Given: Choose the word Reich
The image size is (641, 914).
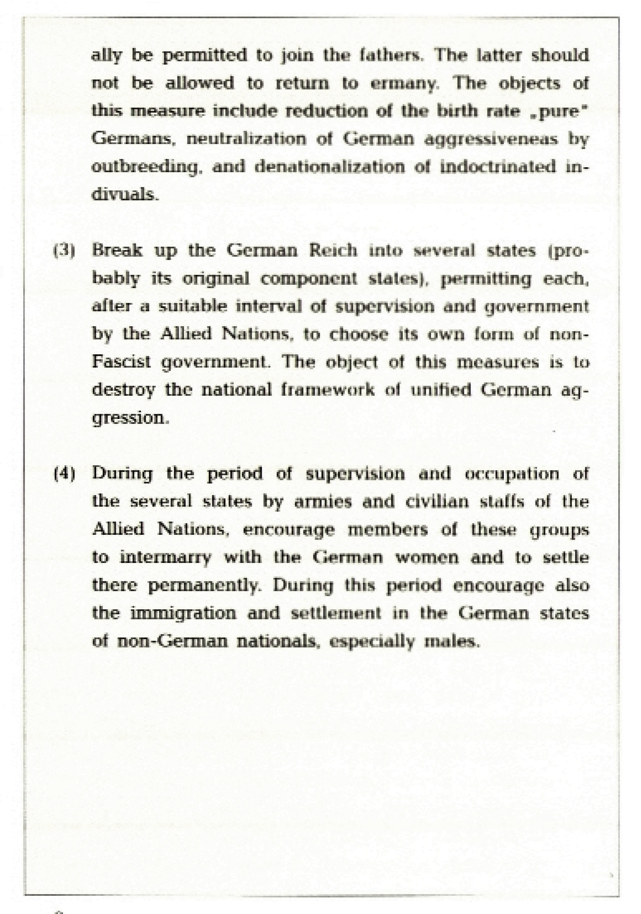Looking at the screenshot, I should coord(333,251).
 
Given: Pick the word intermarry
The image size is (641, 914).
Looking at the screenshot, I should coord(165,557).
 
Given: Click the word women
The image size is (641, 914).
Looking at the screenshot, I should coord(427,557).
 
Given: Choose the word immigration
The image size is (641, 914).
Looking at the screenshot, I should coord(183,613).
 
